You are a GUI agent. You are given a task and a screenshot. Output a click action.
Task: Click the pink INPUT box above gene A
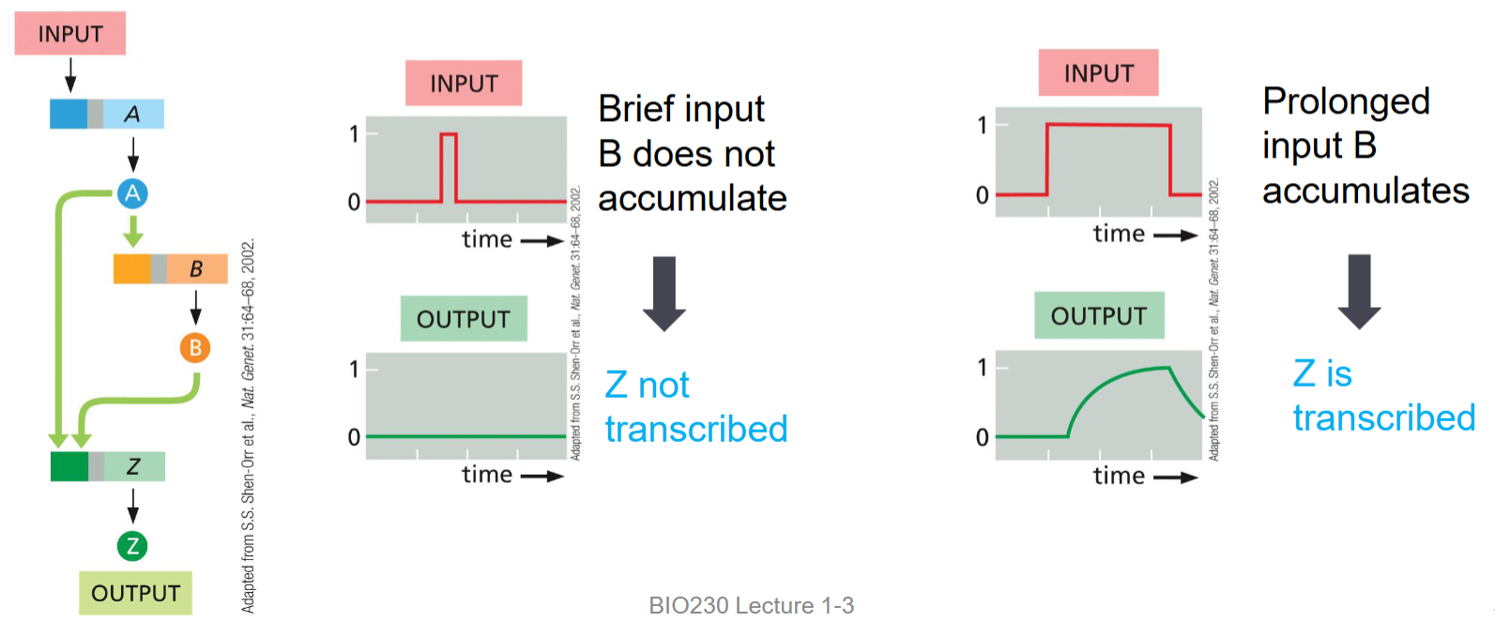click(69, 34)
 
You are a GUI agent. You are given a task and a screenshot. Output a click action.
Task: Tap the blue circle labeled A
click(132, 193)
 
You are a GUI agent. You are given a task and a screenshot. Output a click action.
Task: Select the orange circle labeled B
click(195, 348)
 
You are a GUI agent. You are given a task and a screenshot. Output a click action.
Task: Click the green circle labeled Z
click(132, 546)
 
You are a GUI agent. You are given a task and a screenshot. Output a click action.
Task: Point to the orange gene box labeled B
click(171, 269)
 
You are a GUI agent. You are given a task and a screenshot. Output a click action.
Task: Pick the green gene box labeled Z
click(108, 466)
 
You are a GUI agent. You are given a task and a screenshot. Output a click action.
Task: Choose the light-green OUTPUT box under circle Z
click(135, 593)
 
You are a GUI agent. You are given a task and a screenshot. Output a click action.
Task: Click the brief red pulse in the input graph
click(449, 136)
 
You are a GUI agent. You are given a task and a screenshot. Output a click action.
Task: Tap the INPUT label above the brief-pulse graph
click(464, 83)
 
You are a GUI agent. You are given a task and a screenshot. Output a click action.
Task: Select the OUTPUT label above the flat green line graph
click(464, 319)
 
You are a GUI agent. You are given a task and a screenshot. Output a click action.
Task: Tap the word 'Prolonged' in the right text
click(1346, 101)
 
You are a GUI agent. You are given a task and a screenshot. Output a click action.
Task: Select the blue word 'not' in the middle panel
click(664, 386)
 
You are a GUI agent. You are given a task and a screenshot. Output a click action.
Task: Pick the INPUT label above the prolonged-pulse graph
click(1098, 73)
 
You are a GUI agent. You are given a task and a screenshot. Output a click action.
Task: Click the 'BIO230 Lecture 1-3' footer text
click(751, 605)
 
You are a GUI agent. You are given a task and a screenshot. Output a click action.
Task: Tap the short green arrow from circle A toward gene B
click(132, 231)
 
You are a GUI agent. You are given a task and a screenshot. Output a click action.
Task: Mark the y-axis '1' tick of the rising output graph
click(982, 367)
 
